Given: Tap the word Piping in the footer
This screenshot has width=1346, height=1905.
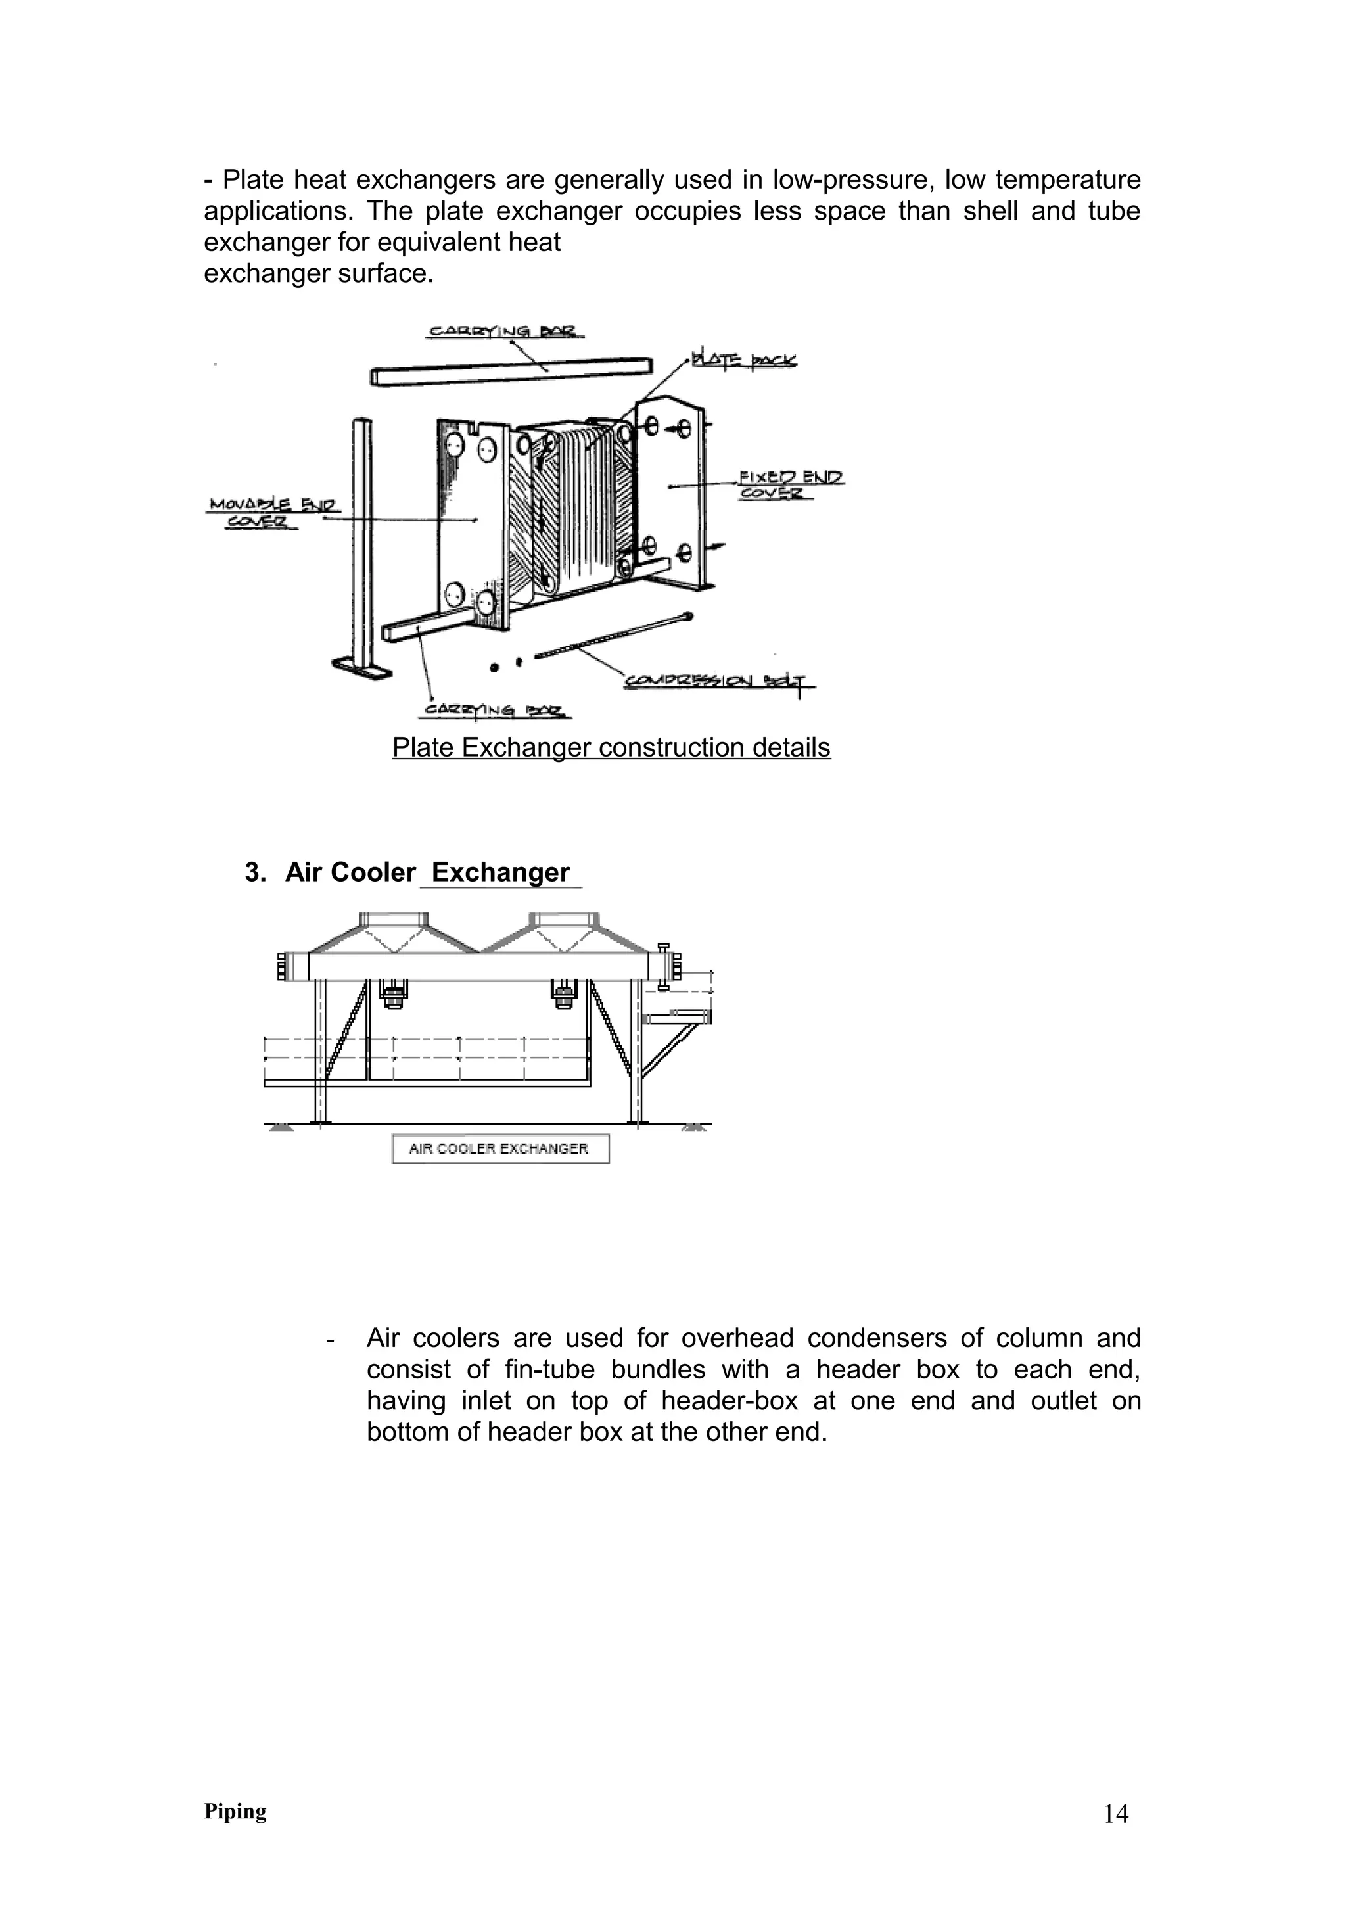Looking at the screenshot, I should click(x=235, y=1811).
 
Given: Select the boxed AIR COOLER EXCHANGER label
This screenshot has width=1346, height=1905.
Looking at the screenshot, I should click(x=499, y=1149).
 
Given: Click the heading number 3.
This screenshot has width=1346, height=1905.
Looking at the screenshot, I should click(x=254, y=873).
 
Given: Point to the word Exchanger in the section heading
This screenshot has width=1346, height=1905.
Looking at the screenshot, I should click(x=500, y=873).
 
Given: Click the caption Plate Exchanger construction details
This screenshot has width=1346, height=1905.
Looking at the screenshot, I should click(x=611, y=747).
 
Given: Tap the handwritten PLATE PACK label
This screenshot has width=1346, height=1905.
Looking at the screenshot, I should click(x=744, y=360).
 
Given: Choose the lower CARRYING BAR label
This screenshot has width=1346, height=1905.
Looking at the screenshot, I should click(x=495, y=710).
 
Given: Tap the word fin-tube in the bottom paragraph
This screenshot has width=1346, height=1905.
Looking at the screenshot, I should click(x=548, y=1369).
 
